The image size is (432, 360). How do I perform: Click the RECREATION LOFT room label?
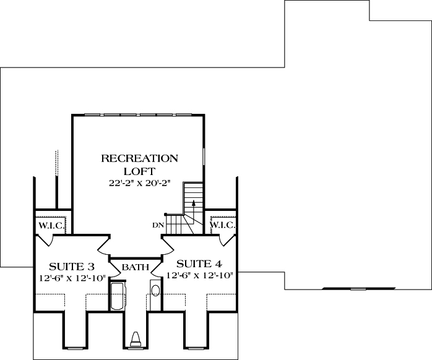coord(139,164)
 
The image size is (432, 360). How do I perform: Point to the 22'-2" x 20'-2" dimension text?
coord(139,184)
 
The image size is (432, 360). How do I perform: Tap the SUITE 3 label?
coord(72,267)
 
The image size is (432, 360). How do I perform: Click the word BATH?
coord(135,268)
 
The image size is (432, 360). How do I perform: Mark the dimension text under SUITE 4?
coord(199,274)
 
